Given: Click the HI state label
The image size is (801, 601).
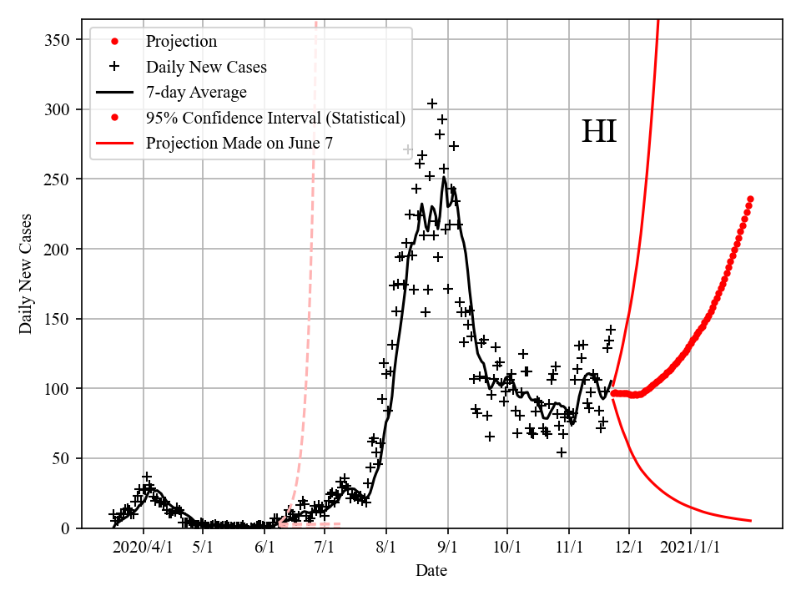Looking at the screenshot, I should (x=598, y=133).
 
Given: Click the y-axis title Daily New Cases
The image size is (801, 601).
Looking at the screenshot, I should (x=26, y=274).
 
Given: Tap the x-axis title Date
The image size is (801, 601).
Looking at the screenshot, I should (x=431, y=571).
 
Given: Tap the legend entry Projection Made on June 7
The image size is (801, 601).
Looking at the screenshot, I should (x=239, y=144).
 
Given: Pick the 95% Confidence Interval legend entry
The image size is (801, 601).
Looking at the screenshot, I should (x=275, y=118).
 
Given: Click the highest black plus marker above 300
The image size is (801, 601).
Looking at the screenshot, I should (x=432, y=104).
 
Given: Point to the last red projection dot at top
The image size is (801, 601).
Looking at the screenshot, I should (x=750, y=199).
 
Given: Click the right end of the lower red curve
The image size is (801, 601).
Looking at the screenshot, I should (x=750, y=521).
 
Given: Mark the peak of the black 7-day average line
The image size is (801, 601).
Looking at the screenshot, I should (x=444, y=177).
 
